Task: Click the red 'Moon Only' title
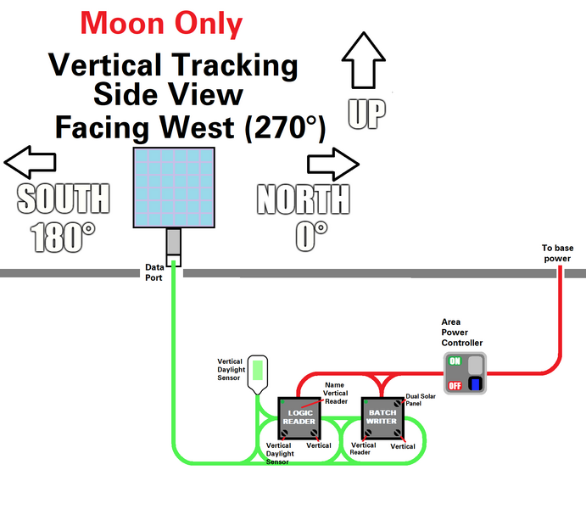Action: pos(161,23)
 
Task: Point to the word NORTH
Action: pos(303,200)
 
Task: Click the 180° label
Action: pos(64,237)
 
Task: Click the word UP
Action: pos(366,114)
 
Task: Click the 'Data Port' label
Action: pos(153,271)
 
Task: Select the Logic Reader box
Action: pos(299,417)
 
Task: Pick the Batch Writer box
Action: pos(382,417)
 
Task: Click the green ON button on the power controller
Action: pos(455,361)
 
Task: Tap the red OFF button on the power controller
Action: pos(455,384)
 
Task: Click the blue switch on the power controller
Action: pos(476,384)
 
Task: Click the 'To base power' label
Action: pos(559,254)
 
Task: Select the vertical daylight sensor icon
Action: pos(260,372)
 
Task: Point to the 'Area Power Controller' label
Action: pos(462,333)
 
